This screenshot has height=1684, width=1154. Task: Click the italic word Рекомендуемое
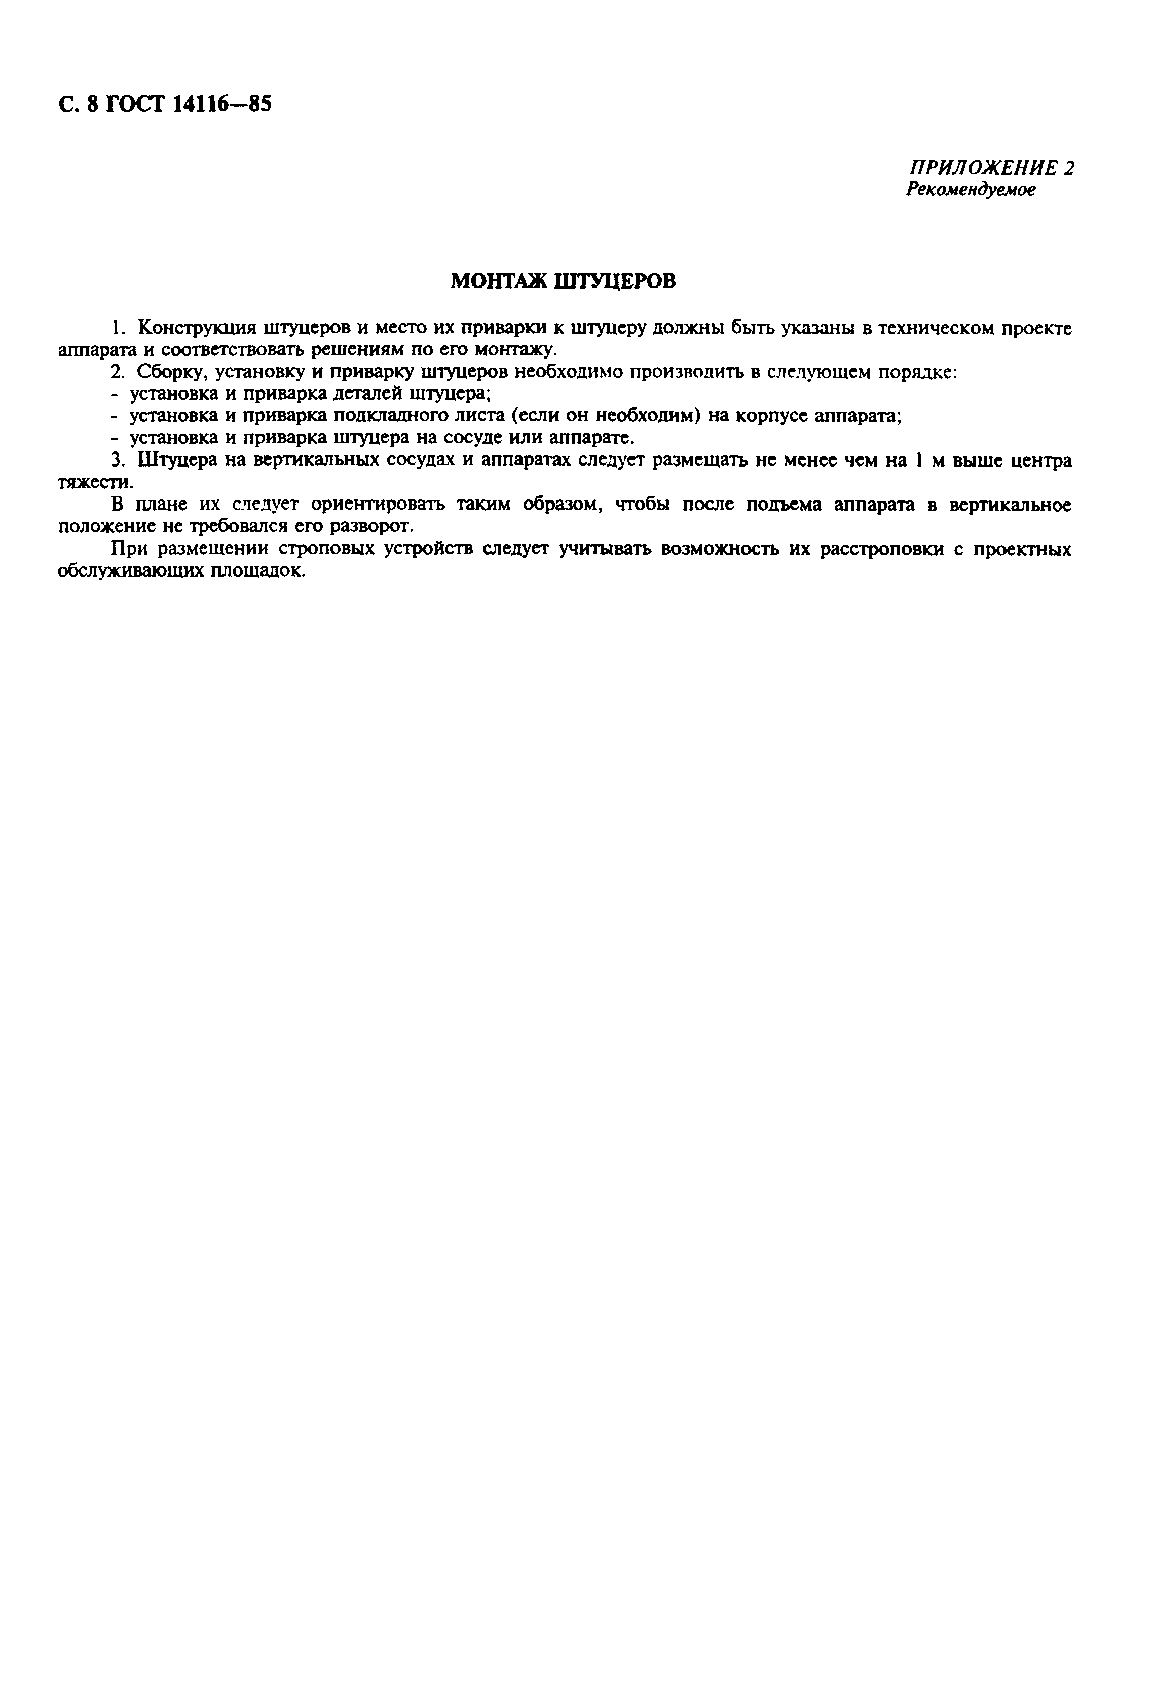pyautogui.click(x=971, y=189)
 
